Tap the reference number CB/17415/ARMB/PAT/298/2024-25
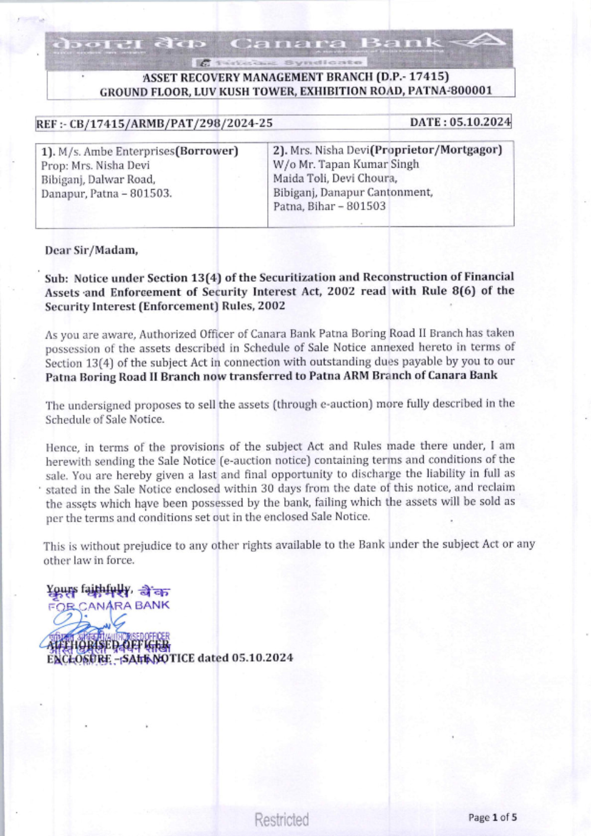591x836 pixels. click(x=171, y=123)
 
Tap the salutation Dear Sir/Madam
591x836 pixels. click(x=92, y=250)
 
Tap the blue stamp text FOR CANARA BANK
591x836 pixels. click(x=109, y=606)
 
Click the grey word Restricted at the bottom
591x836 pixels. click(x=282, y=819)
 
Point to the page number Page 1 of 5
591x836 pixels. click(x=492, y=818)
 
